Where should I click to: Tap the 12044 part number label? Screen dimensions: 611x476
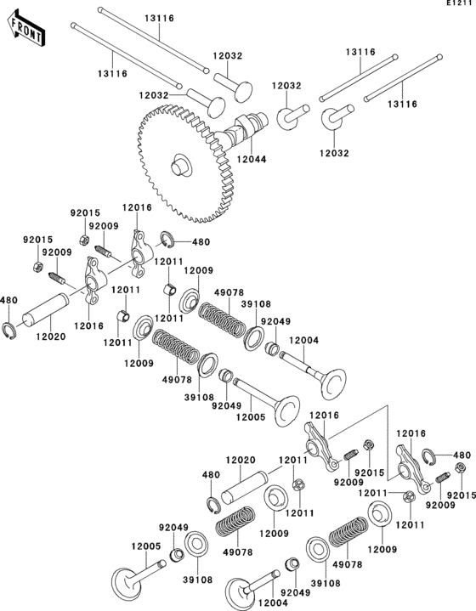(x=251, y=158)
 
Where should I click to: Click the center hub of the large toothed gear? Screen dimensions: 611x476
(x=181, y=164)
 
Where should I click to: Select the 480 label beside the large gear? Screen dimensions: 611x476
(x=201, y=242)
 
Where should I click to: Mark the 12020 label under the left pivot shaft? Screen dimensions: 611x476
(x=49, y=336)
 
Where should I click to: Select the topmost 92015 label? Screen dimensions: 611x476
(x=84, y=212)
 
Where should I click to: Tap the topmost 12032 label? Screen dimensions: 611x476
(x=228, y=55)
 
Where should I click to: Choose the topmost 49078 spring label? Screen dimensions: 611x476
(x=227, y=292)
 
